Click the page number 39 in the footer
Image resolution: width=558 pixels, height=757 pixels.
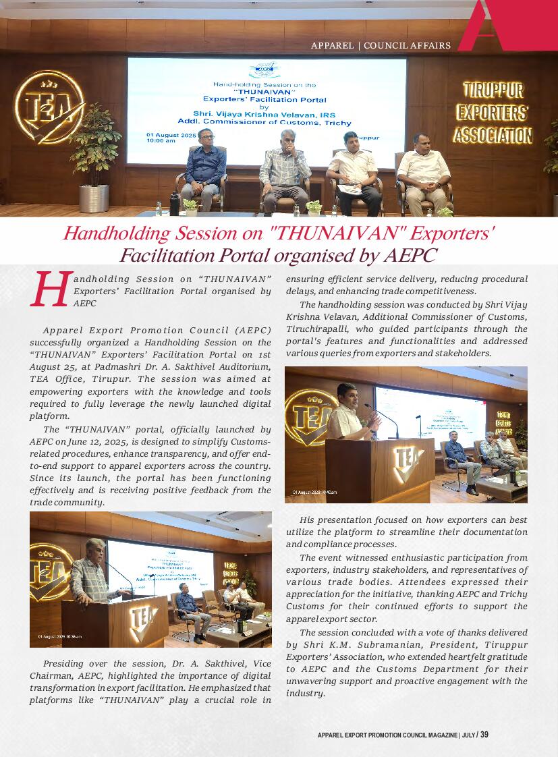[484, 735]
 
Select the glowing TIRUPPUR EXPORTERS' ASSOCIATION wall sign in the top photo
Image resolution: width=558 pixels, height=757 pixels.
[493, 113]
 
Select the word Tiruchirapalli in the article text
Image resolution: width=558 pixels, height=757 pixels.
[318, 329]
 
